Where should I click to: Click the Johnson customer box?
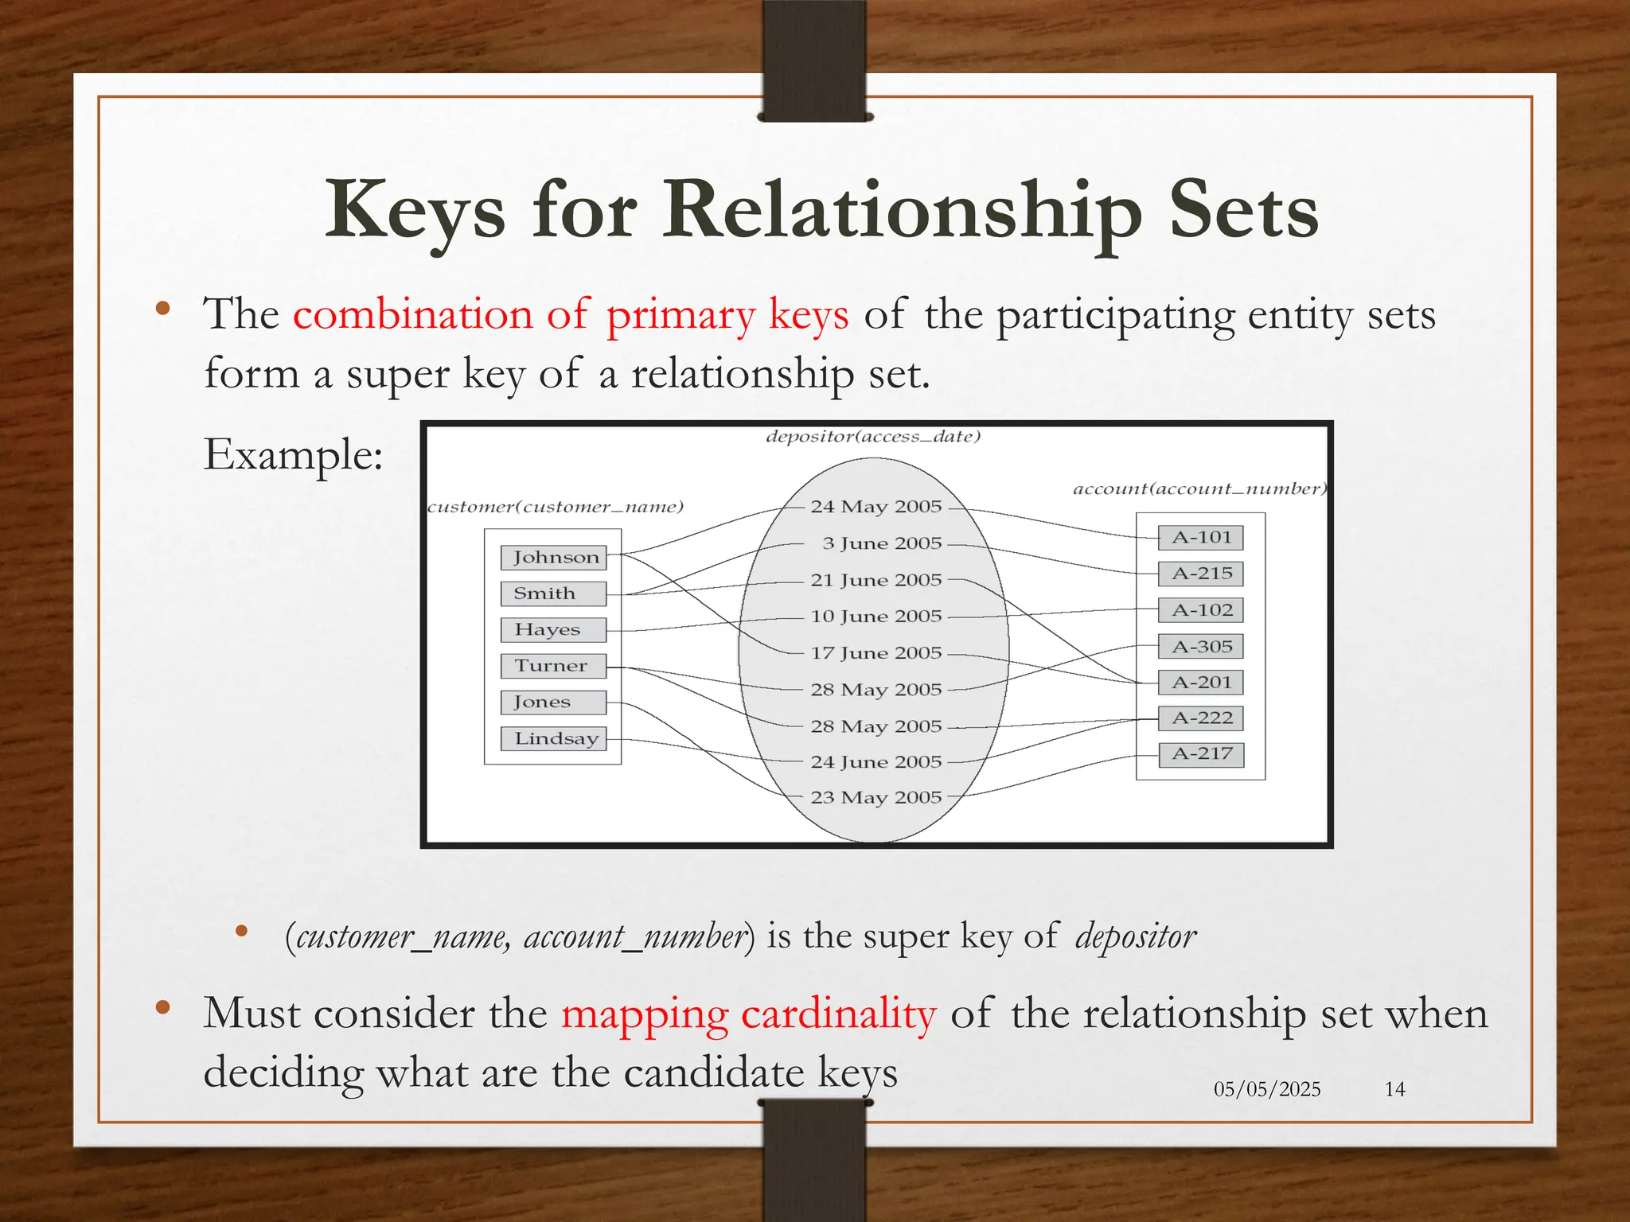(554, 558)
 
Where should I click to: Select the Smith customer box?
(554, 593)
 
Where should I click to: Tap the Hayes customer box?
(554, 630)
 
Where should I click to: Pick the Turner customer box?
(554, 666)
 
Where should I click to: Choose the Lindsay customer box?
(554, 738)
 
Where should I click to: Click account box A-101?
(1201, 538)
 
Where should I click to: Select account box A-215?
(1201, 574)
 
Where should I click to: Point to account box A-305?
(1201, 647)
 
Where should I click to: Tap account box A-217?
(1201, 754)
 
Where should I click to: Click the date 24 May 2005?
(875, 507)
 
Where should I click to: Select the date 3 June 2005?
(882, 543)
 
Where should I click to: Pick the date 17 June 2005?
(875, 653)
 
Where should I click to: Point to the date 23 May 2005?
(875, 797)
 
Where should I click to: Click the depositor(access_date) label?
(873, 437)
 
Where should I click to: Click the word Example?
(293, 455)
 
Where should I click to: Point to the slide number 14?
(1394, 1089)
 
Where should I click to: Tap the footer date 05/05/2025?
(1267, 1089)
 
